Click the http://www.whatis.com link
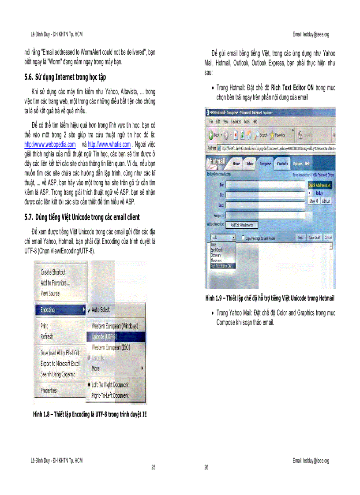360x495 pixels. point(109,145)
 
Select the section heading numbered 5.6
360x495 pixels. point(65,77)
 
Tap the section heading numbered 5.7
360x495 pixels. point(82,217)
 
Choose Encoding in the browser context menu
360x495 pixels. point(48,310)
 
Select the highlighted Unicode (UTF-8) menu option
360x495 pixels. point(105,337)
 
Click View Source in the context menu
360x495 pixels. point(50,294)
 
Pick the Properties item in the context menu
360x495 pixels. point(49,391)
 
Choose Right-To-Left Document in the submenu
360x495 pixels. point(110,396)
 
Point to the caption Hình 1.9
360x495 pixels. point(270,298)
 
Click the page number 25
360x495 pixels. point(153,467)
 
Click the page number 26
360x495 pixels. point(206,467)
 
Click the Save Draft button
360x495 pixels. point(314,238)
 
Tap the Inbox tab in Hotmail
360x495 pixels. point(250,164)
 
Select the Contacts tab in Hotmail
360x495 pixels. point(282,164)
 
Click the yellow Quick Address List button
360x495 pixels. point(319,186)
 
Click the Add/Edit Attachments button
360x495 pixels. point(242,225)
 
